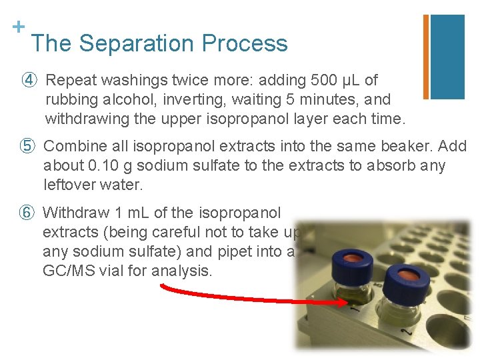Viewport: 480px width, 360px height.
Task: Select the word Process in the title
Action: (x=245, y=43)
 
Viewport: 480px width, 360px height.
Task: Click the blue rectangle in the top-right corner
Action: (x=447, y=57)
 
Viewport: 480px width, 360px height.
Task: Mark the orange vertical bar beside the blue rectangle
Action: (x=426, y=57)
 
